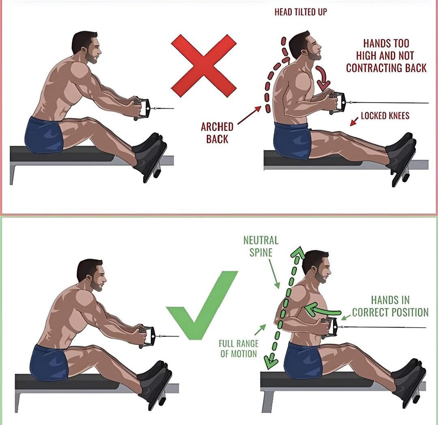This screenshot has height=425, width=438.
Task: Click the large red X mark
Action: click(204, 66)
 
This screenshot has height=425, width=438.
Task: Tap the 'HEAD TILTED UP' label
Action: click(300, 12)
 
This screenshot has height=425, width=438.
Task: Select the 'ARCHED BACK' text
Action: click(217, 133)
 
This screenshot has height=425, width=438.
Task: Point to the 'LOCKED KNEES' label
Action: click(385, 116)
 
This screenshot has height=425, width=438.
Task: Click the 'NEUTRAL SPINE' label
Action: click(261, 246)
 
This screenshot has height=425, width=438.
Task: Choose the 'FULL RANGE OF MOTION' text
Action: click(238, 348)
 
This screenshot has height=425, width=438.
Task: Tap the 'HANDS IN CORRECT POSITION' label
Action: click(390, 306)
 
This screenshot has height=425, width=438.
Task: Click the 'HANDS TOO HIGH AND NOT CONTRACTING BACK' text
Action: click(386, 56)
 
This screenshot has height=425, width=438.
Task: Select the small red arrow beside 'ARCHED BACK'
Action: click(249, 116)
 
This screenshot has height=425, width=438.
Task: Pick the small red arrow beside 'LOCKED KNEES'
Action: click(354, 122)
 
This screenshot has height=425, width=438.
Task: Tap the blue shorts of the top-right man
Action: click(292, 140)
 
